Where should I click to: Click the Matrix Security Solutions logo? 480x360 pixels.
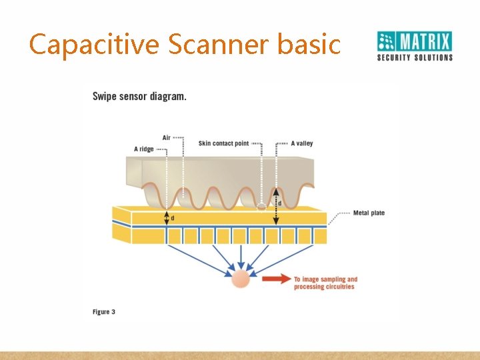[x=414, y=46]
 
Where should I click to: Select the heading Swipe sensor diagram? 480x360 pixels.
[x=139, y=96]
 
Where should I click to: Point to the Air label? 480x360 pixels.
[x=166, y=138]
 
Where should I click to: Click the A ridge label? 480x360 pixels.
[x=144, y=149]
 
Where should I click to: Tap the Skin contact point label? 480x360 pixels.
[x=223, y=143]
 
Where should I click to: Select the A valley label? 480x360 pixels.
[x=302, y=143]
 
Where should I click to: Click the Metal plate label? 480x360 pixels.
[x=369, y=213]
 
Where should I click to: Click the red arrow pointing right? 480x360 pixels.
[x=274, y=279]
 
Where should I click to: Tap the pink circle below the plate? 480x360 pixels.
[x=240, y=279]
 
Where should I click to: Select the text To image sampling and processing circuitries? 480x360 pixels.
[x=325, y=283]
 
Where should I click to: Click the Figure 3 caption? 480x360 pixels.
[x=104, y=311]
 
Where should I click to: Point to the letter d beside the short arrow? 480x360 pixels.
[x=173, y=218]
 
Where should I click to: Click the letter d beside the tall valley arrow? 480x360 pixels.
[x=279, y=203]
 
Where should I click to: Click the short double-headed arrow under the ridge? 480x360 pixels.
[x=167, y=218]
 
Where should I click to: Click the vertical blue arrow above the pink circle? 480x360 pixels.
[x=240, y=257]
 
